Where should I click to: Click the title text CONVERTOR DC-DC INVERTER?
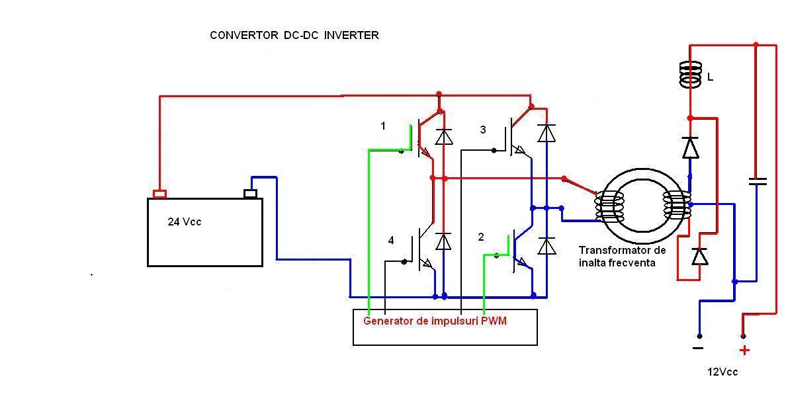pyautogui.click(x=294, y=36)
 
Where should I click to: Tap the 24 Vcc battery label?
pyautogui.click(x=184, y=222)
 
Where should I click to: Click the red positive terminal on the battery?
pyautogui.click(x=159, y=194)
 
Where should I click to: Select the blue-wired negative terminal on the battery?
pyautogui.click(x=250, y=193)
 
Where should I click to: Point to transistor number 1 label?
pyautogui.click(x=383, y=126)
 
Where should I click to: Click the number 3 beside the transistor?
pyautogui.click(x=482, y=130)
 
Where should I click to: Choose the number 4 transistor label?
pyautogui.click(x=391, y=241)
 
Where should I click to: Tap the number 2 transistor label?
pyautogui.click(x=481, y=237)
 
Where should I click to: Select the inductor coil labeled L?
pyautogui.click(x=690, y=74)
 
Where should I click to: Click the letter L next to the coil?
pyautogui.click(x=710, y=77)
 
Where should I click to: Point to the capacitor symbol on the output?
pyautogui.click(x=757, y=181)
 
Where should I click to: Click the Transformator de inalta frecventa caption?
pyautogui.click(x=621, y=257)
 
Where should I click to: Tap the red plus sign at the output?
pyautogui.click(x=744, y=350)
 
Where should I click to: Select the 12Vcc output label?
pyautogui.click(x=722, y=372)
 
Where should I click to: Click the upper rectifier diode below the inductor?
pyautogui.click(x=690, y=147)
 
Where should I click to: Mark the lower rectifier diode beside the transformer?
pyautogui.click(x=699, y=256)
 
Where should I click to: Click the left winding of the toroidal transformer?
pyautogui.click(x=608, y=206)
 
